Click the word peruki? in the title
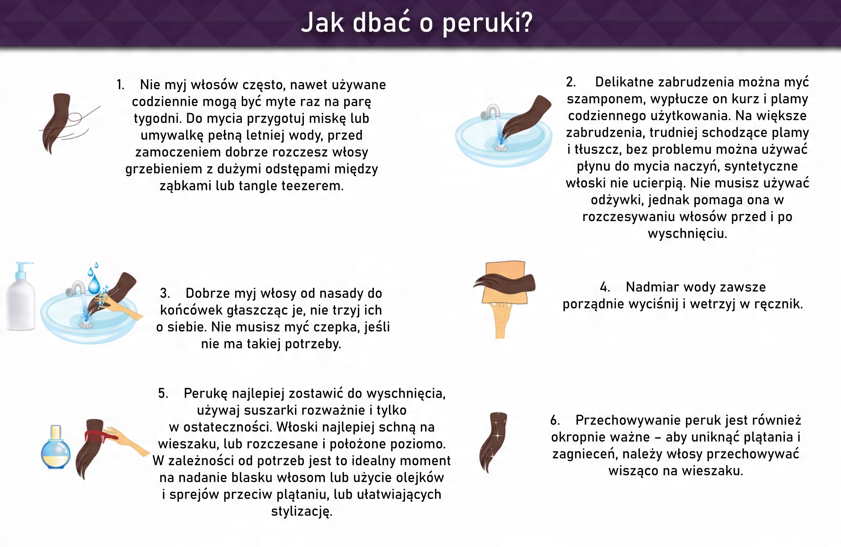point(487,23)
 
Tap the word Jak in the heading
point(322,22)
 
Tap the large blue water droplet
point(94,285)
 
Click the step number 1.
point(121,85)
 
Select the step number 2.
point(571,82)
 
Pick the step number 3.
point(165,293)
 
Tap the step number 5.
point(163,393)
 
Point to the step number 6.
point(555,420)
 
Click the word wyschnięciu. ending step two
point(687,234)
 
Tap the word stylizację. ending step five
point(302,511)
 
